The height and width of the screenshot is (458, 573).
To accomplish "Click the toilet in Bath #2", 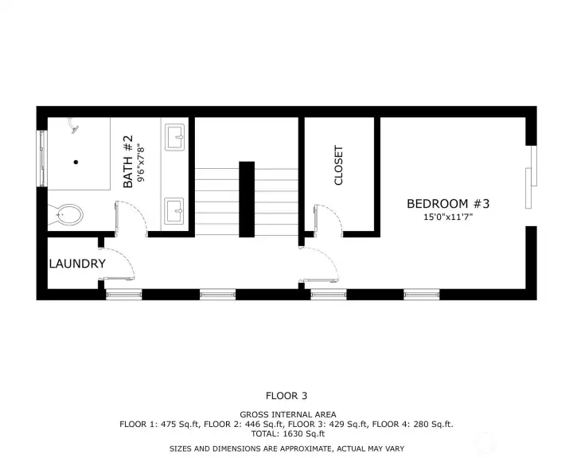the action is (67, 215).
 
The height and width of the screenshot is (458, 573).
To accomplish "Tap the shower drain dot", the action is (76, 162).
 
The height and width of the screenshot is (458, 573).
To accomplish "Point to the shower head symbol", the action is (74, 126).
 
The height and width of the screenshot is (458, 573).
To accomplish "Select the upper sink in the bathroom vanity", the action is (174, 137).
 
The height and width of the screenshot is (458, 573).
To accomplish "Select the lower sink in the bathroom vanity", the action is (174, 211).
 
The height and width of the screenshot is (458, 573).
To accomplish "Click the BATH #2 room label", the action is (128, 162).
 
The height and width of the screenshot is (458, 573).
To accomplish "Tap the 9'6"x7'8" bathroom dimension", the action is (141, 163).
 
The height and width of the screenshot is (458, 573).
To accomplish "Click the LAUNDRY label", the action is (77, 264).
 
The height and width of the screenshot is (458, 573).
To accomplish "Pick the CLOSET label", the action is (338, 166).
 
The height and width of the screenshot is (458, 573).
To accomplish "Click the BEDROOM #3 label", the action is (448, 203).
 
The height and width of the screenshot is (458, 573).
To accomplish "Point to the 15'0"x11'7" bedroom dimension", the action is (448, 217).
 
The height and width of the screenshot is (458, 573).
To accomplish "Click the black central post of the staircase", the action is (247, 199).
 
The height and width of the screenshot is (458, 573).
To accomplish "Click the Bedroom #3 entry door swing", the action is (319, 264).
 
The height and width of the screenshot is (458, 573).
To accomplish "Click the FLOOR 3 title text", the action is (286, 396).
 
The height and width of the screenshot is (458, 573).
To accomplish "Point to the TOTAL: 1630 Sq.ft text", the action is (287, 434).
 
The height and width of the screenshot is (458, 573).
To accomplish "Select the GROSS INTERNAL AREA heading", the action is (288, 415).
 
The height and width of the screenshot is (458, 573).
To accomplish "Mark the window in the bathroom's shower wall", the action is (42, 159).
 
